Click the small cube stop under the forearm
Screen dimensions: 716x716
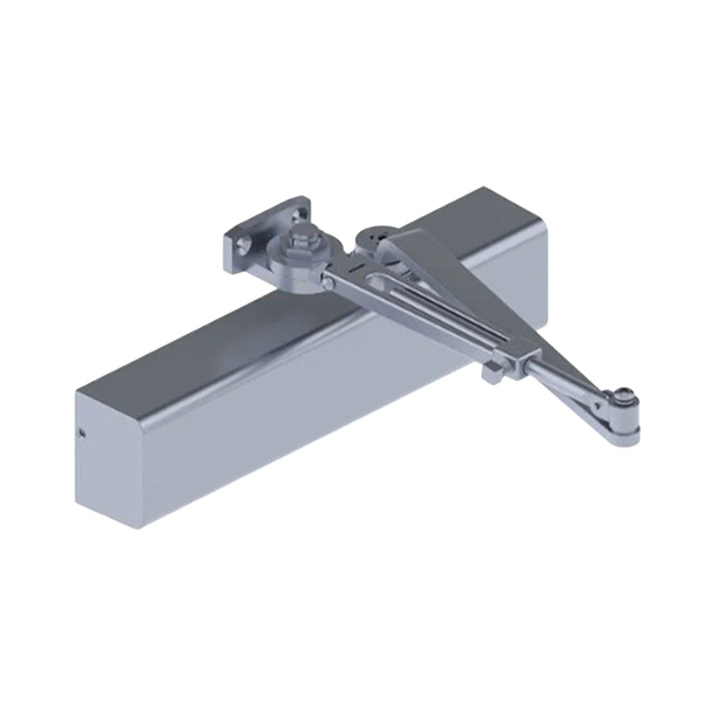click(x=492, y=373)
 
